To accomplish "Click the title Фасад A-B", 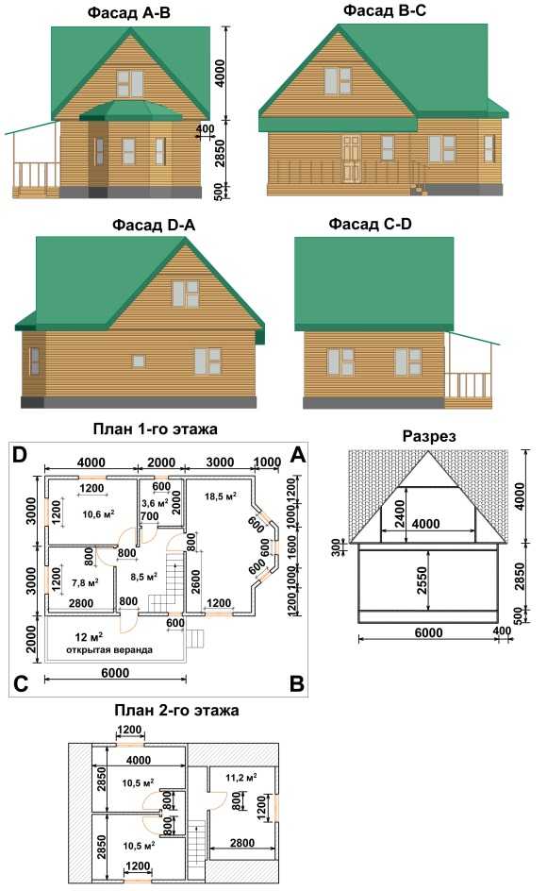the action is [x=128, y=13].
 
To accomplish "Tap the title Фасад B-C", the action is [x=385, y=10].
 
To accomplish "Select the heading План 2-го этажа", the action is [x=176, y=711].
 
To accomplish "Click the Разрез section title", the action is [x=429, y=436].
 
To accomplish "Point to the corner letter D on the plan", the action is [x=20, y=455].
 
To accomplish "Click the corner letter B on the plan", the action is [x=296, y=683].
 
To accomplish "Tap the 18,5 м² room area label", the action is [x=221, y=496].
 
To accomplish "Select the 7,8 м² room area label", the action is [x=85, y=582].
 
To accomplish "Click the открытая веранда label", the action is [x=109, y=649].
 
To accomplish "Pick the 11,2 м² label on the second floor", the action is [x=240, y=778].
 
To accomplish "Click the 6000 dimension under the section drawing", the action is [x=428, y=632].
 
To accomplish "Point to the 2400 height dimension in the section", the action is [x=401, y=513].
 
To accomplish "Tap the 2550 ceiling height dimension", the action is [x=422, y=580].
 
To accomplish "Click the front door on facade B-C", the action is [x=352, y=159].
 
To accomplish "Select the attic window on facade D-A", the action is [x=185, y=294].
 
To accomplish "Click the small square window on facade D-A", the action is [x=139, y=361].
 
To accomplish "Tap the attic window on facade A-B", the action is [x=130, y=83].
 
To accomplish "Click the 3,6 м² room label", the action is [x=155, y=503].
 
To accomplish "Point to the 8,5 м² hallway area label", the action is [x=143, y=577].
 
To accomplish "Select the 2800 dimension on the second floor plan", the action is [x=242, y=843].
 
